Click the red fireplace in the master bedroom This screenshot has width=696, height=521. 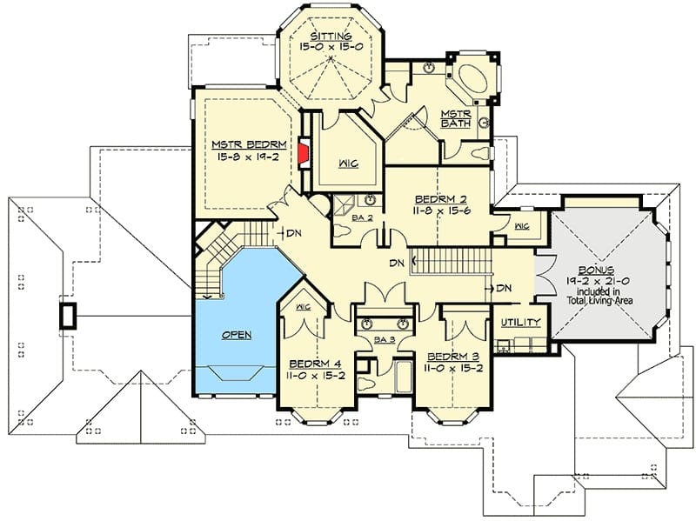pyautogui.click(x=304, y=153)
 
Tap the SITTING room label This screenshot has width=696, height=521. pyautogui.click(x=331, y=37)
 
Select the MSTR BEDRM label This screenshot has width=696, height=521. pyautogui.click(x=249, y=144)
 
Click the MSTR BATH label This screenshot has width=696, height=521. pyautogui.click(x=455, y=118)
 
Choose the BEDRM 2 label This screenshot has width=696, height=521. pyautogui.click(x=440, y=199)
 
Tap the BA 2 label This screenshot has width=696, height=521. pyautogui.click(x=362, y=217)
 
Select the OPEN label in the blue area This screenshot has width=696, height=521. pyautogui.click(x=237, y=335)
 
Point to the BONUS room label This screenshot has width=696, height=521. pyautogui.click(x=596, y=270)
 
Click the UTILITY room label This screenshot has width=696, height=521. pyautogui.click(x=520, y=322)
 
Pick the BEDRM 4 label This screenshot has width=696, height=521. pyautogui.click(x=315, y=364)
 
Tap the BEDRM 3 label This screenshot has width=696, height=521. pyautogui.click(x=452, y=357)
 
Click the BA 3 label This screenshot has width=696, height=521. pyautogui.click(x=385, y=340)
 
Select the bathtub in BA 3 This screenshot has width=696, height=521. pyautogui.click(x=404, y=377)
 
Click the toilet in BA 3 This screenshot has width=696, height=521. pyautogui.click(x=366, y=384)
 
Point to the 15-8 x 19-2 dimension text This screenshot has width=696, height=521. pyautogui.click(x=248, y=157)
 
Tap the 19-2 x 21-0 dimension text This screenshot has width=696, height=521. pyautogui.click(x=598, y=281)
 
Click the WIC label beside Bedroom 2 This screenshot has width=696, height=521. pyautogui.click(x=522, y=226)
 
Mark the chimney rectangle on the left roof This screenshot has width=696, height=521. pyautogui.click(x=68, y=316)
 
